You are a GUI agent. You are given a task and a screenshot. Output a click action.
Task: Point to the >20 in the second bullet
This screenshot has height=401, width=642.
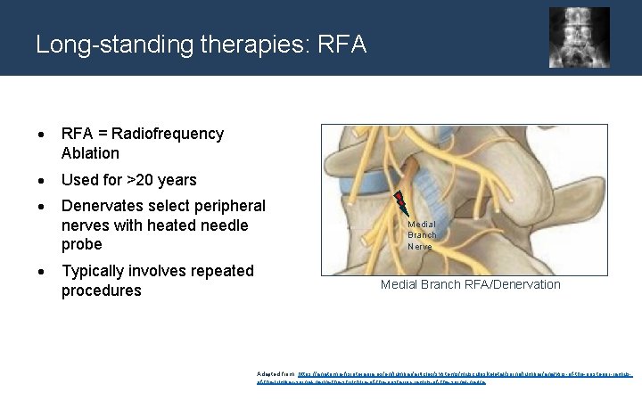pyautogui.click(x=142, y=180)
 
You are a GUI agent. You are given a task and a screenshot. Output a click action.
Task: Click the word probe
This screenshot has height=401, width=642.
pyautogui.click(x=82, y=244)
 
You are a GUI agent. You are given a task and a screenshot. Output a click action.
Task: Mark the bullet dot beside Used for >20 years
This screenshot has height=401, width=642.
pyautogui.click(x=41, y=181)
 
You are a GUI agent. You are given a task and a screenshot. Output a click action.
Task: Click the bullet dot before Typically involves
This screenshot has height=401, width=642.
pyautogui.click(x=41, y=272)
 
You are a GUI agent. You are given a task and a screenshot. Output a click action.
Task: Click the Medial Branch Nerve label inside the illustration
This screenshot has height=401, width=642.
pyautogui.click(x=421, y=235)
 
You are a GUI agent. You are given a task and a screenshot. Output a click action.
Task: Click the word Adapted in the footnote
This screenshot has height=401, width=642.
pyautogui.click(x=268, y=372)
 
